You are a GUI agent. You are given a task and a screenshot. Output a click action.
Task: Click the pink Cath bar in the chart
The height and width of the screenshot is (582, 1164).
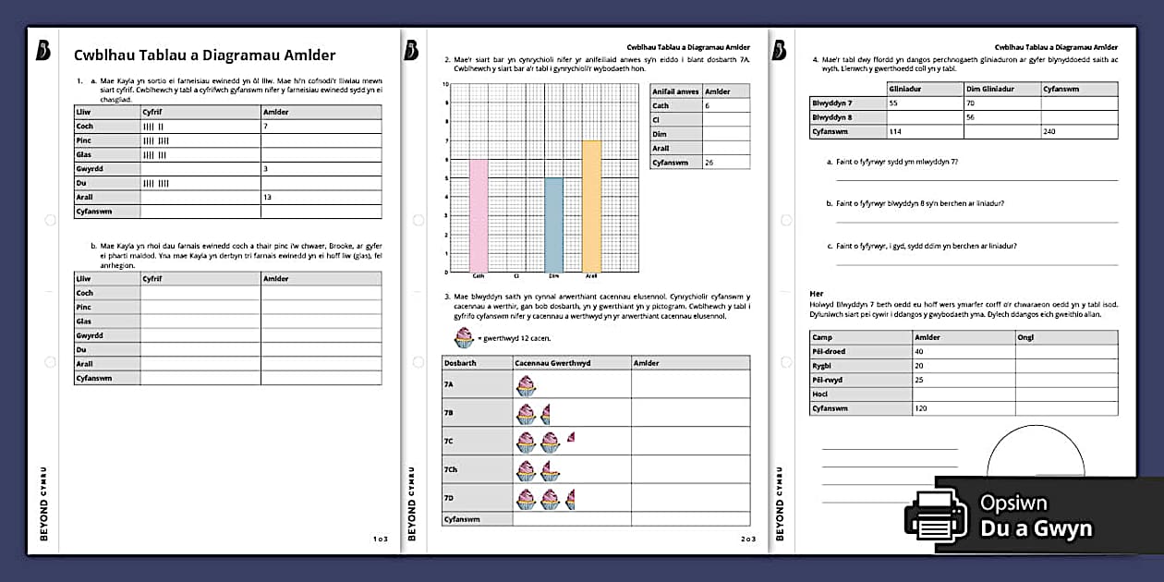point(479,215)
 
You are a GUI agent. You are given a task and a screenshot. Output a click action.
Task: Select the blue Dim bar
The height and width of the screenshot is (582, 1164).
point(553,225)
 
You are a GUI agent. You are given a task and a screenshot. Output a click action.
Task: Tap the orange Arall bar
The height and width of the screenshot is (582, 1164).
point(591,206)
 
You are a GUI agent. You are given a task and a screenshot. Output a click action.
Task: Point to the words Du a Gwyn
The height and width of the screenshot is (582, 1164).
point(1037,528)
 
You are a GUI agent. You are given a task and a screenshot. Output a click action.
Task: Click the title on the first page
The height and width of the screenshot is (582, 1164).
point(204,55)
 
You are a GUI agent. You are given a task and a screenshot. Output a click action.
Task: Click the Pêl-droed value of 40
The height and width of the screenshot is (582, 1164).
point(919,351)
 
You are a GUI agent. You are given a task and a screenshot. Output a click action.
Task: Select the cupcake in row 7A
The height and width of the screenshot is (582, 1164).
point(526,385)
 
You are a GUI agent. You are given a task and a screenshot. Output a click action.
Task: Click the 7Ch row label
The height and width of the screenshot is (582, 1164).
point(451,470)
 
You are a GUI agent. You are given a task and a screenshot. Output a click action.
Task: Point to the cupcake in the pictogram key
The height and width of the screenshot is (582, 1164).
point(463,337)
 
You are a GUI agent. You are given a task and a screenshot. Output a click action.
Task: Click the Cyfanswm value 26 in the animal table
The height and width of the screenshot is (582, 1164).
point(709,163)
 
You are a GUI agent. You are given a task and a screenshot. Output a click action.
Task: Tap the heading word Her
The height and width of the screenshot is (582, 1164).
point(816,294)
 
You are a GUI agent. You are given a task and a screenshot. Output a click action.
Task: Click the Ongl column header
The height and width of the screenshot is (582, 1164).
point(1025,337)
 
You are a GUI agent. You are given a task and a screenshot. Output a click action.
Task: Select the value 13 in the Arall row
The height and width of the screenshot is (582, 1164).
point(269,197)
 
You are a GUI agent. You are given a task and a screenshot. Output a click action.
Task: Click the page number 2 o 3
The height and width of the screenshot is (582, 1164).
point(747,539)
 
